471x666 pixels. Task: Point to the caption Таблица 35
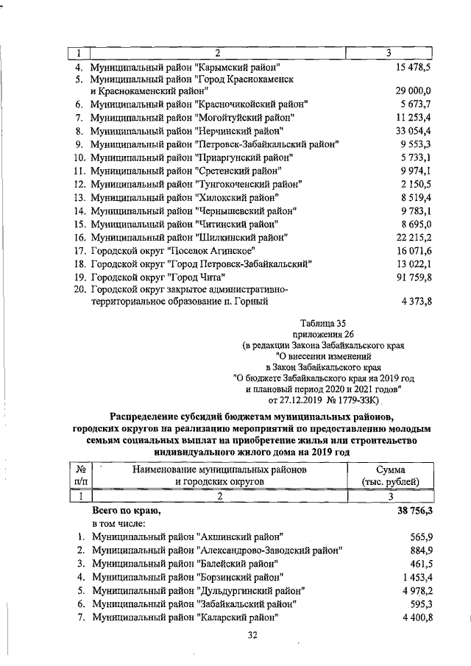pos(323,322)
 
